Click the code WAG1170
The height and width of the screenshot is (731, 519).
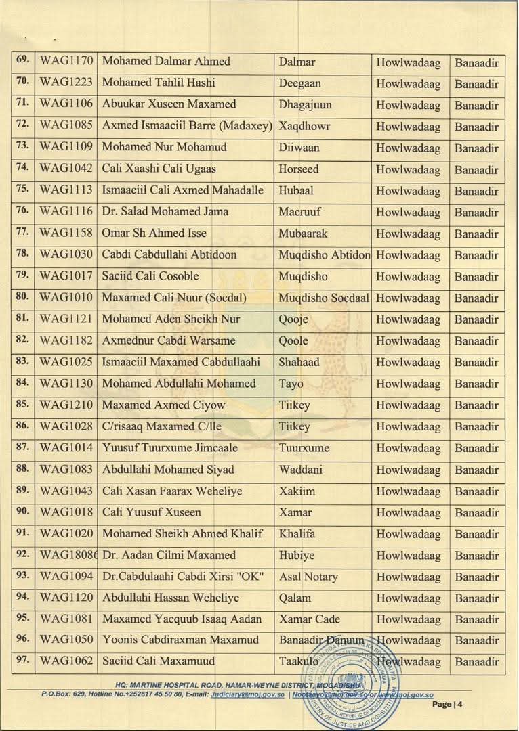coord(66,62)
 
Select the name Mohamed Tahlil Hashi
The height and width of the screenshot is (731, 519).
coord(159,83)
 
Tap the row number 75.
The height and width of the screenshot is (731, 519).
coord(22,190)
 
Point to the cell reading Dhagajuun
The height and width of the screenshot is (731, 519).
coord(304,104)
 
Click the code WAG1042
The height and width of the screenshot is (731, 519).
coord(66,169)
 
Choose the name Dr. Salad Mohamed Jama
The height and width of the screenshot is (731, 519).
coord(165,212)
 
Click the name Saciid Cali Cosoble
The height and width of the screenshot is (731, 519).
coord(150,276)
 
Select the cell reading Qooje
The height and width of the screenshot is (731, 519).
coord(293,319)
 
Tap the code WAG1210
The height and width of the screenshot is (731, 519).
coord(66,405)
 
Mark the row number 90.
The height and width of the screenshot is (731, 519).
coord(22,512)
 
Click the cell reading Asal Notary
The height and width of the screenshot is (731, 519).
coord(308,577)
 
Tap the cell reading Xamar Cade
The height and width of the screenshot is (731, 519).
coord(309,619)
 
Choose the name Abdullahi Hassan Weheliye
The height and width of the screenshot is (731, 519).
coord(170,598)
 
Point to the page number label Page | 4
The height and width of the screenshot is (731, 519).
coord(447,705)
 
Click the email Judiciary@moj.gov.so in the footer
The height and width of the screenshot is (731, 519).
coord(247,694)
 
